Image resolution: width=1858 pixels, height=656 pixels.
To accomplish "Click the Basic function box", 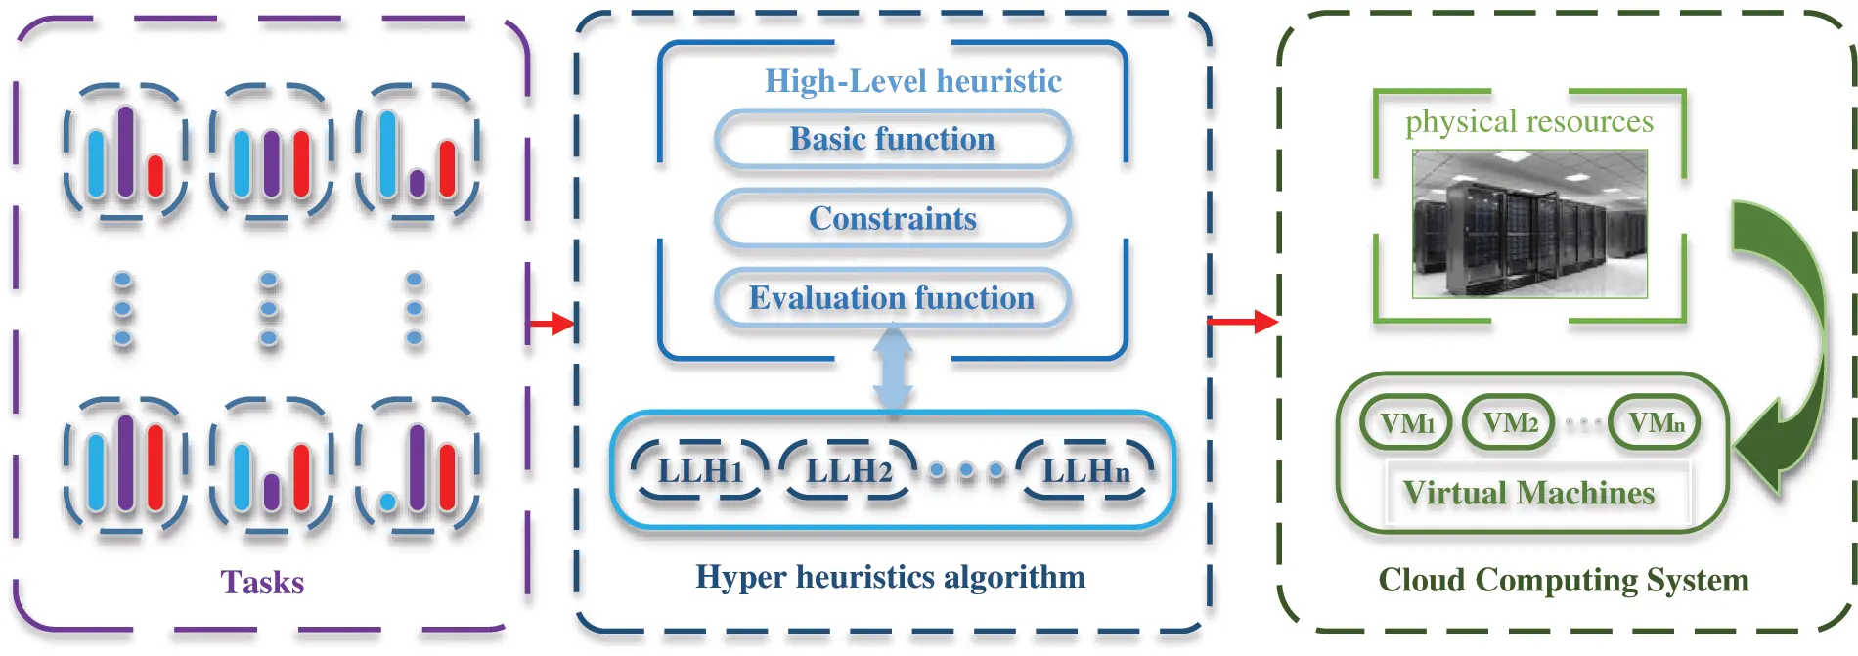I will pyautogui.click(x=892, y=140).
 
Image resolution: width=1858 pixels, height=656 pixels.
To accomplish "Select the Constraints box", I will pyautogui.click(x=892, y=219).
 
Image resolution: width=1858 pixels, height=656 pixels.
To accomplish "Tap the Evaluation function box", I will pyautogui.click(x=892, y=298).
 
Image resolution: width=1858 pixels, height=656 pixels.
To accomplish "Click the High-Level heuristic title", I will pyautogui.click(x=912, y=81).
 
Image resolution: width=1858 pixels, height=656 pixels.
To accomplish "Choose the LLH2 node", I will pyautogui.click(x=848, y=471).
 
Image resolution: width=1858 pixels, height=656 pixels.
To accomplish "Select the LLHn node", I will pyautogui.click(x=1085, y=471).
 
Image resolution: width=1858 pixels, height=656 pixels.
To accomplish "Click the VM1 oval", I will pyautogui.click(x=1406, y=423).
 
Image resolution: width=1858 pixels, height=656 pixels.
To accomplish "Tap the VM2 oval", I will pyautogui.click(x=1509, y=423).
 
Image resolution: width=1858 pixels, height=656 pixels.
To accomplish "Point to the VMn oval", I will pyautogui.click(x=1655, y=423).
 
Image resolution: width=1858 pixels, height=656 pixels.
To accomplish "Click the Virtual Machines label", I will pyautogui.click(x=1528, y=494).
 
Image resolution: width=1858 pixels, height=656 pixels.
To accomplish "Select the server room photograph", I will pyautogui.click(x=1529, y=224).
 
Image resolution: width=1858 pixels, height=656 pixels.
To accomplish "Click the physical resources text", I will pyautogui.click(x=1529, y=121).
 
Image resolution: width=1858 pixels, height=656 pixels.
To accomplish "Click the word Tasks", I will pyautogui.click(x=262, y=583).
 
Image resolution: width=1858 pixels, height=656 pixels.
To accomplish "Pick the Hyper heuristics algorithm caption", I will pyautogui.click(x=890, y=577).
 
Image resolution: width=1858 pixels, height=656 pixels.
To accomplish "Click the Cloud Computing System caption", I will pyautogui.click(x=1563, y=580).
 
